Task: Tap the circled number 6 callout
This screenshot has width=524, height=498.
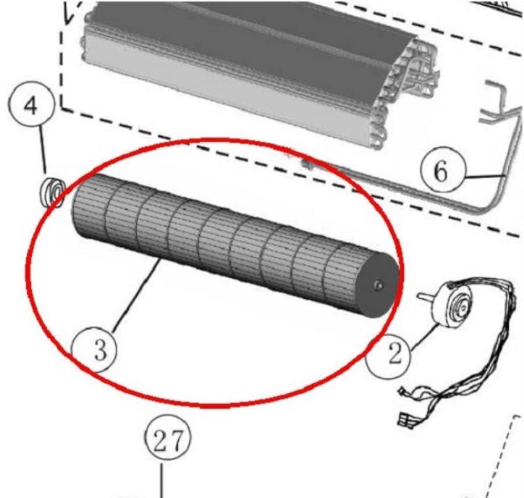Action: click(x=442, y=170)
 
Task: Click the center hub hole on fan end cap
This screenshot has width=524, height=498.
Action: click(x=378, y=285)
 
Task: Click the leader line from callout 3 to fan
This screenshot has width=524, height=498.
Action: click(x=136, y=296)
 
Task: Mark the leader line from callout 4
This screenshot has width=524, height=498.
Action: click(x=44, y=151)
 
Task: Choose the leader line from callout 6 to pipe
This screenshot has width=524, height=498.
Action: click(x=484, y=176)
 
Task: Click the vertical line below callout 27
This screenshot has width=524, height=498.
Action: click(x=162, y=479)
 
